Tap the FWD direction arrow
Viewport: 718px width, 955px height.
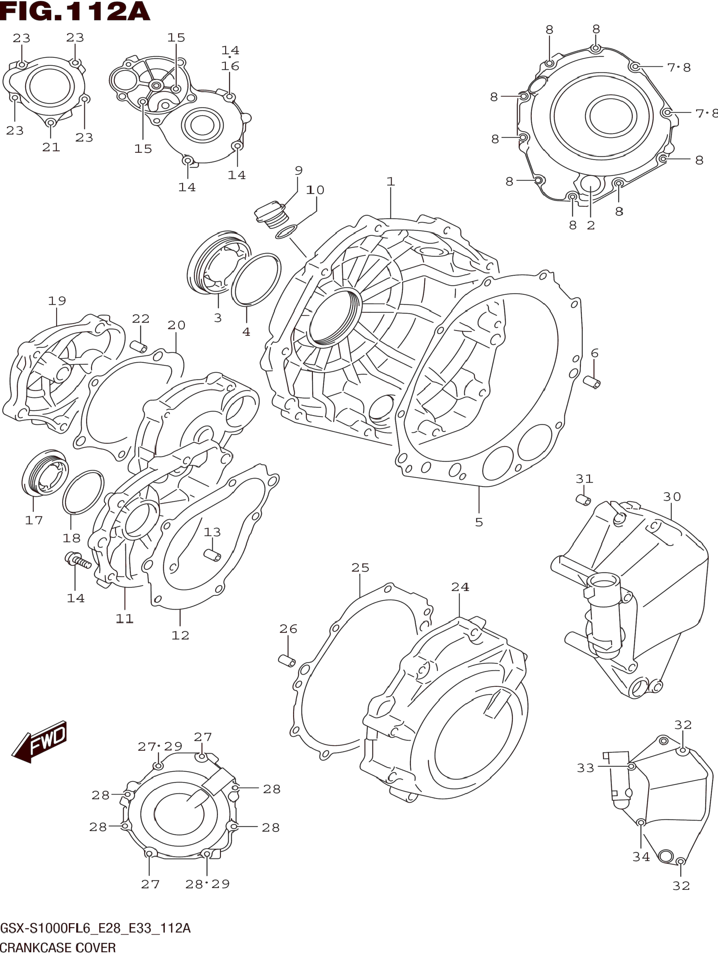[x=40, y=741]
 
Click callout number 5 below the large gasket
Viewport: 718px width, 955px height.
[x=479, y=522]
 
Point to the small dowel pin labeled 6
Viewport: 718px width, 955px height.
[x=592, y=382]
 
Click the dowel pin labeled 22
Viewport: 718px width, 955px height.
[x=139, y=346]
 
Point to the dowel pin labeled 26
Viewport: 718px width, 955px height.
[x=287, y=661]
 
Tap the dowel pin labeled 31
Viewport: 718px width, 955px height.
[x=583, y=500]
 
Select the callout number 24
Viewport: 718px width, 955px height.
[x=460, y=587]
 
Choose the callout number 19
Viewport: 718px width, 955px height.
[x=57, y=301]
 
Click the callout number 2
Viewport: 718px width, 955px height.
[x=591, y=225]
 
